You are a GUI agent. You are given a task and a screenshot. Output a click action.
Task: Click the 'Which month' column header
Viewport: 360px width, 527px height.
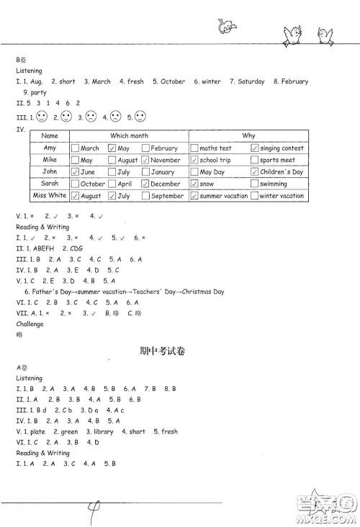[x=129, y=136]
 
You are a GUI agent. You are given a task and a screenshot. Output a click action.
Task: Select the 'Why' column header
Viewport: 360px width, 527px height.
[x=248, y=136]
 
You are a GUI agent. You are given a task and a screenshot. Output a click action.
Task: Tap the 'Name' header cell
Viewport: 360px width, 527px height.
[x=50, y=136]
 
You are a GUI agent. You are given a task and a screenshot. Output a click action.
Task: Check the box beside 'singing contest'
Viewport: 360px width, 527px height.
[x=255, y=148]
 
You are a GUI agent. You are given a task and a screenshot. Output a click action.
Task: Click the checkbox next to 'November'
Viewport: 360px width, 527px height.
[x=146, y=161]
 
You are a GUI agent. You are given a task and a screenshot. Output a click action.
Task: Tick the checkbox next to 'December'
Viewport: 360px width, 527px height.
[x=146, y=184]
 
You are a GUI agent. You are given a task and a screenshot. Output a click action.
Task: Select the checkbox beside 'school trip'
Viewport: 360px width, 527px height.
[x=193, y=161]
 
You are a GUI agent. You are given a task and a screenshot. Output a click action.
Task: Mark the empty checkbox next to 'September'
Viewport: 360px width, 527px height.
[x=146, y=196]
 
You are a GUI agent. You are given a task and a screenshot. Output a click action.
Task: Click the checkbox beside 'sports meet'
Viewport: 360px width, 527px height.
[x=255, y=161]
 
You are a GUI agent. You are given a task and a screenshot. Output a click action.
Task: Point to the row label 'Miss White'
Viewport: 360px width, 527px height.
[x=50, y=196]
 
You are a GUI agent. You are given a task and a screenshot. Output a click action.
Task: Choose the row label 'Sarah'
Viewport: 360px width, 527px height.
[x=50, y=184]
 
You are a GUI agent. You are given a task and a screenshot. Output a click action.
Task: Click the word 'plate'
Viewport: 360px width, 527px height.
[x=36, y=432]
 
